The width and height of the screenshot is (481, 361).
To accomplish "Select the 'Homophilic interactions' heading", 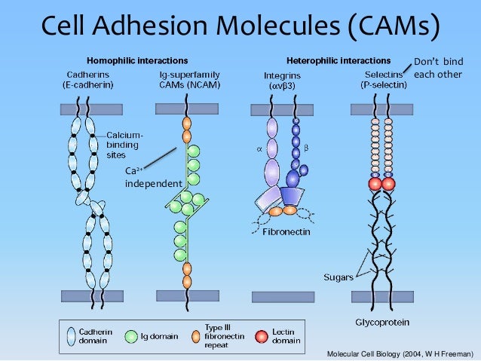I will pos(137,60).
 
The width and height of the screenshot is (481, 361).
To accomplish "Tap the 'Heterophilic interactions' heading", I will pos(339,60).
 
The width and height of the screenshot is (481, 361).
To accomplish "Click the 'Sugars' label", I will pos(339,277).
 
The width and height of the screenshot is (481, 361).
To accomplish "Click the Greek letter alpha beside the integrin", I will pos(259,149).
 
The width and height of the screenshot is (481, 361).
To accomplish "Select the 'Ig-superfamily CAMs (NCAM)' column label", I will pos(185,80).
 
